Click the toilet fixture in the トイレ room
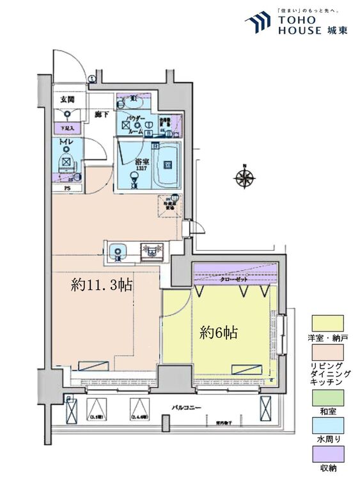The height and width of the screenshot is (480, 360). pos(66,160)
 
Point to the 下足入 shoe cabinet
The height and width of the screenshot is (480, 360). pos(67,129)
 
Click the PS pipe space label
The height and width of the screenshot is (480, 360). pos(67,188)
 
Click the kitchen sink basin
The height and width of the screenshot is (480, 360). pos(119,250)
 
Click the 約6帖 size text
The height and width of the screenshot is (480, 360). pos(219,333)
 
